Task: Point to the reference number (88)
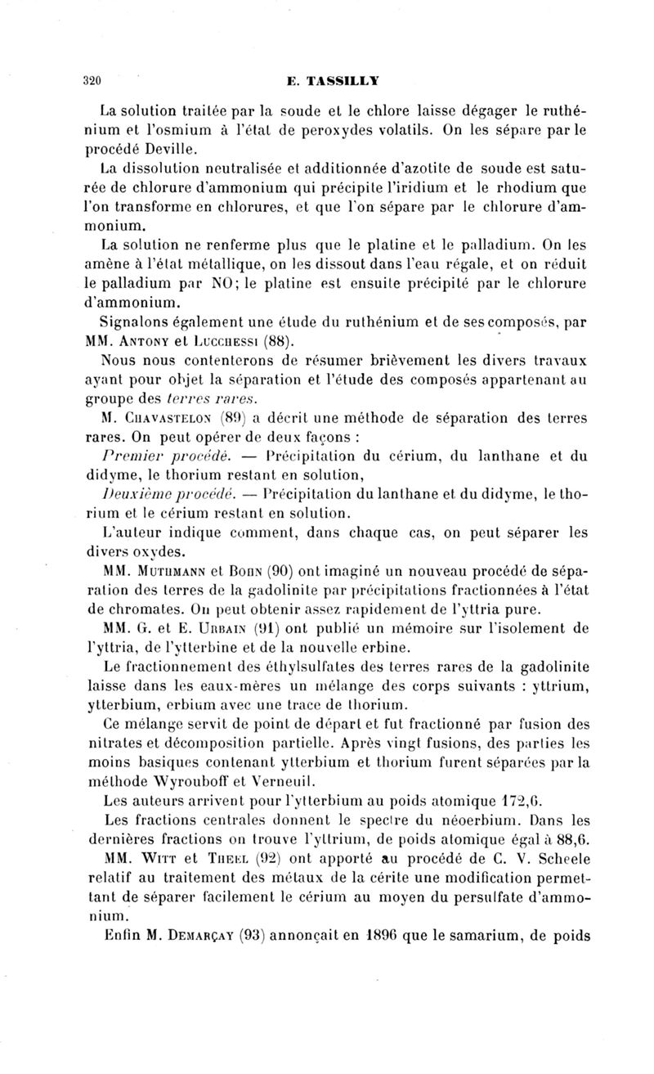276,338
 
